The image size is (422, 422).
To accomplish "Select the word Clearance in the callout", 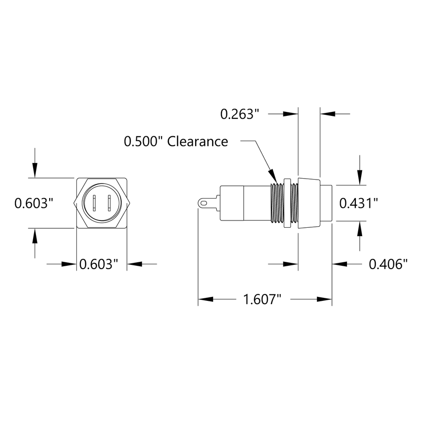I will click(198, 142).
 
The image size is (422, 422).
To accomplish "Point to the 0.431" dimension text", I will click(359, 203).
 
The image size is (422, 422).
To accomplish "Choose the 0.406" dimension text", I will click(388, 264).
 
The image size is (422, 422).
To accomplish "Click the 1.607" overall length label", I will click(262, 299).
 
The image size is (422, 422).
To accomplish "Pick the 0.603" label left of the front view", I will click(33, 203).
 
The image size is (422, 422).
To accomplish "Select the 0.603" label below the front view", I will click(99, 264).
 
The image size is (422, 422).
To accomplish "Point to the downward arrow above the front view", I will click(34, 170).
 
